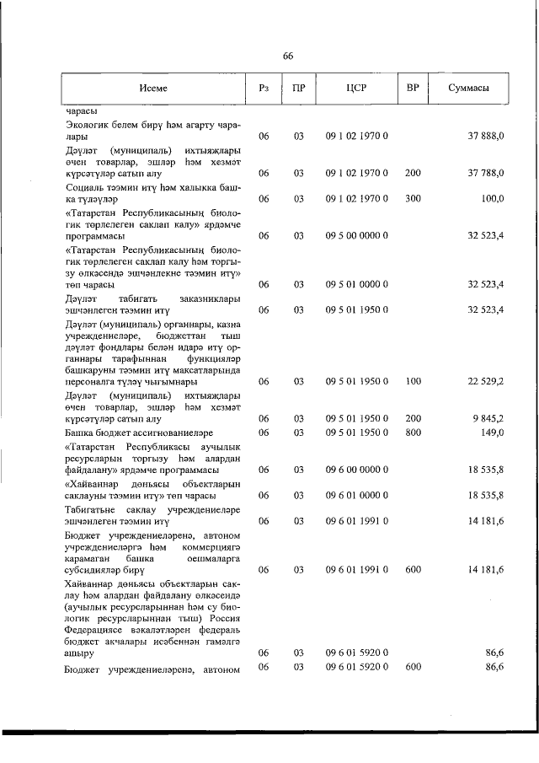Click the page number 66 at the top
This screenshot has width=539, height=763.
(287, 56)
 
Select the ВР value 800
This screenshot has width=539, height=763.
(413, 432)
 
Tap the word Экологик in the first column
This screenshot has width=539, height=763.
(87, 123)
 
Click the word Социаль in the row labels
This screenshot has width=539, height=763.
(84, 186)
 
